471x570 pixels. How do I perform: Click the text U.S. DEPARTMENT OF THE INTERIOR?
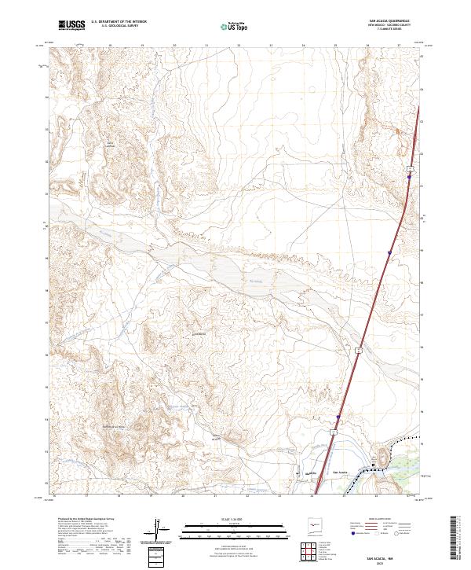(x=118, y=21)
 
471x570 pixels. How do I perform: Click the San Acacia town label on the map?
(x=339, y=472)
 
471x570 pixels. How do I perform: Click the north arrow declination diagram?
(x=157, y=531)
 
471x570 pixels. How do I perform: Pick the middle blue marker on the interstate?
(x=389, y=252)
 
